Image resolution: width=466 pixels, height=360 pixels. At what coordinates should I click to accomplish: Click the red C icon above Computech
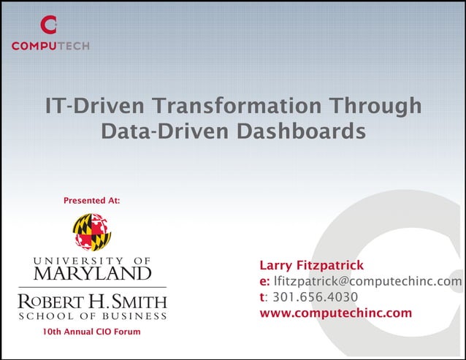48,26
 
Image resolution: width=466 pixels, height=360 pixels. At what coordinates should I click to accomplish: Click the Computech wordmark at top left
50,47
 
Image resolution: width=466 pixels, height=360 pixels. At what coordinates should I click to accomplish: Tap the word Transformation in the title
234,106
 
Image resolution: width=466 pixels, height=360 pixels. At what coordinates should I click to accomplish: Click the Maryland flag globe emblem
91,232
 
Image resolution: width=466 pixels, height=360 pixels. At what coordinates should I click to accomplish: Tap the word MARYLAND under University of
91,274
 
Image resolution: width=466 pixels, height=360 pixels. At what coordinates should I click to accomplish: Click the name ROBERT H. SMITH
92,302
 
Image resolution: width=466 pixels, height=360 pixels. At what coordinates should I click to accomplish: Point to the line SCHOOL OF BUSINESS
92,316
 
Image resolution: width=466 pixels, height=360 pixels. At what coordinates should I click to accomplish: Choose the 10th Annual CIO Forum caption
91,332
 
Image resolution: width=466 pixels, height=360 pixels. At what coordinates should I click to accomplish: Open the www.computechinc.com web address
335,314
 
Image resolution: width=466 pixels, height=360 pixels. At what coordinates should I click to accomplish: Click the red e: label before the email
264,281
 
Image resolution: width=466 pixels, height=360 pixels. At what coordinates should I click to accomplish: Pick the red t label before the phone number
261,297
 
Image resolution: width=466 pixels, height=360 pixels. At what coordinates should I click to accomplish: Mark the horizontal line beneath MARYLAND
92,287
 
